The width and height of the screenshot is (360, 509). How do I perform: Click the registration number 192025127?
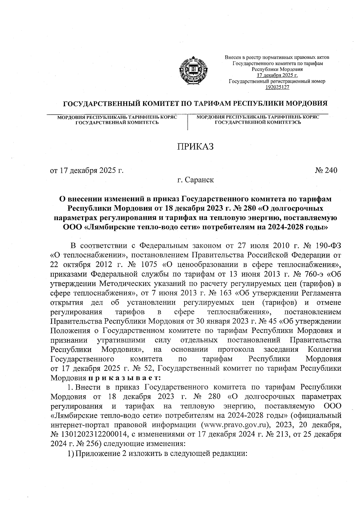pos(277,87)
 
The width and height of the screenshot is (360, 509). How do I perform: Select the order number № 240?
pos(326,170)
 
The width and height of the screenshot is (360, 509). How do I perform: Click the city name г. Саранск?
pos(195,180)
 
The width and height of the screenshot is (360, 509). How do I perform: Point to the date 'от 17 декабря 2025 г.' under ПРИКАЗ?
pos(87,170)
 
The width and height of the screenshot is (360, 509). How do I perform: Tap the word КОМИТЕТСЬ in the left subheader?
pos(142,122)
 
